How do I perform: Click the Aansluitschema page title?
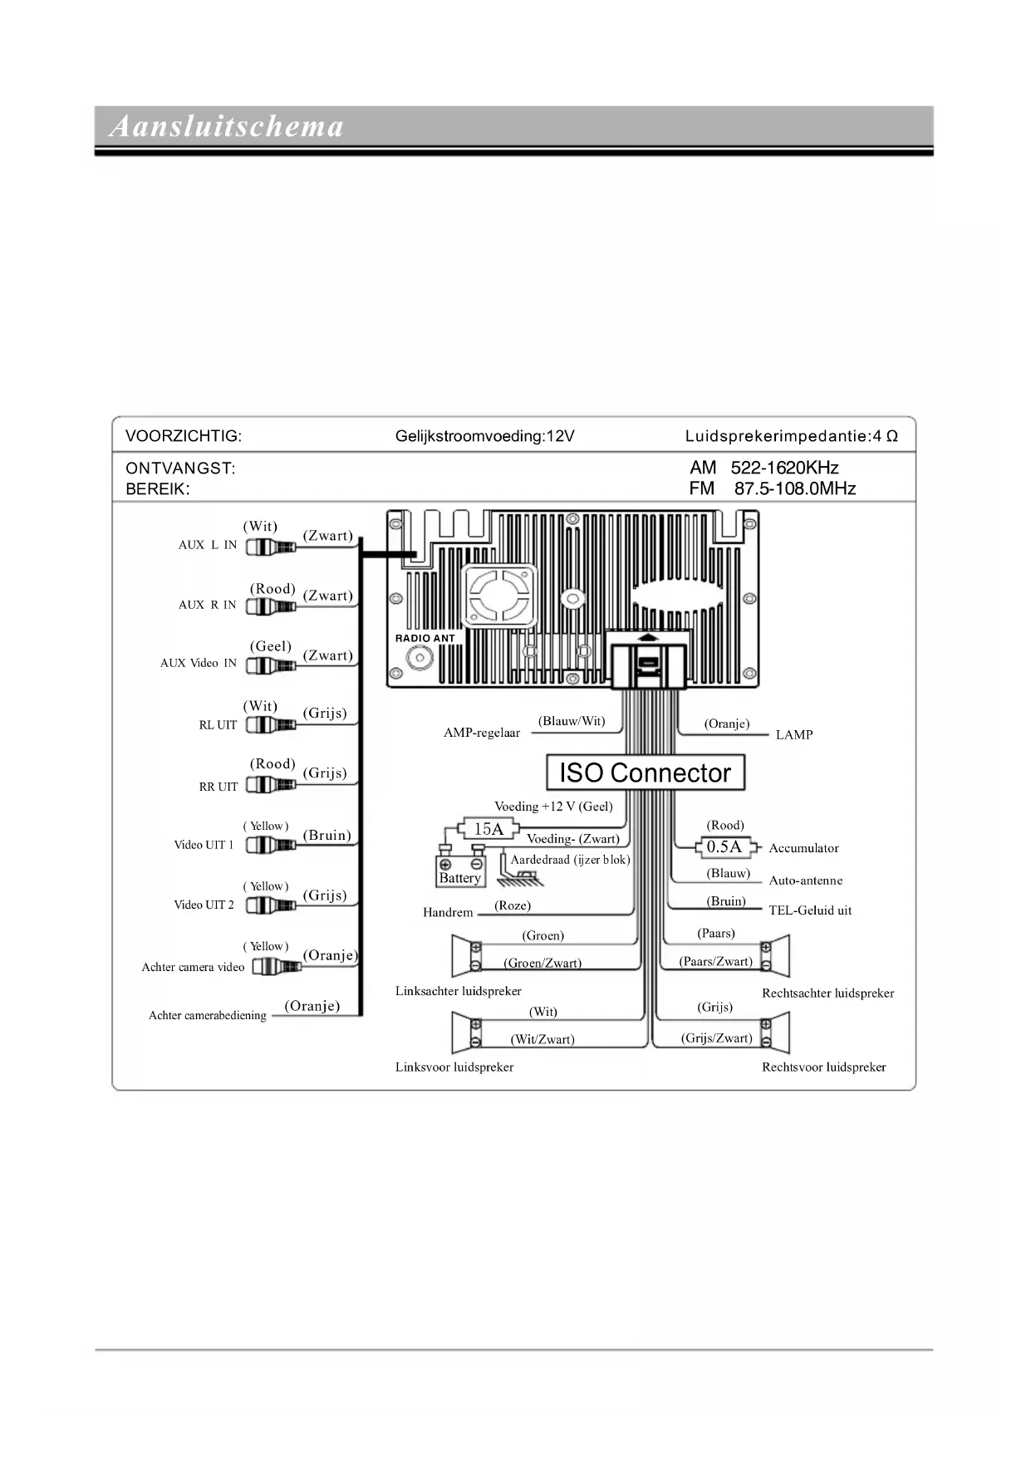point(226,127)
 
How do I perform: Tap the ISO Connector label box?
point(645,773)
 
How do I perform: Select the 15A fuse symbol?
point(488,829)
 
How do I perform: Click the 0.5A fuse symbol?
point(724,847)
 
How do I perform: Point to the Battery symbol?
point(459,868)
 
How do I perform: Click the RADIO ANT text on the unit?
point(425,638)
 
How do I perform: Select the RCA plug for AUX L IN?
point(271,547)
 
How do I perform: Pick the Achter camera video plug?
point(276,967)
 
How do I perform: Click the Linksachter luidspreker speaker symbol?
point(465,956)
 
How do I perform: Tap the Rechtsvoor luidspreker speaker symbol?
point(776,1033)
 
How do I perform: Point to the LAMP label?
point(793,734)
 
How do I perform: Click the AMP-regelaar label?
point(482,733)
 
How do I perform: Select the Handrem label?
point(448,912)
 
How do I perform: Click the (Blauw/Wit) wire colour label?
point(572,721)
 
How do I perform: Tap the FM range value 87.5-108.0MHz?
point(794,488)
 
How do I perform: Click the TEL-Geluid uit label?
point(810,910)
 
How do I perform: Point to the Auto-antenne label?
point(805,881)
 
